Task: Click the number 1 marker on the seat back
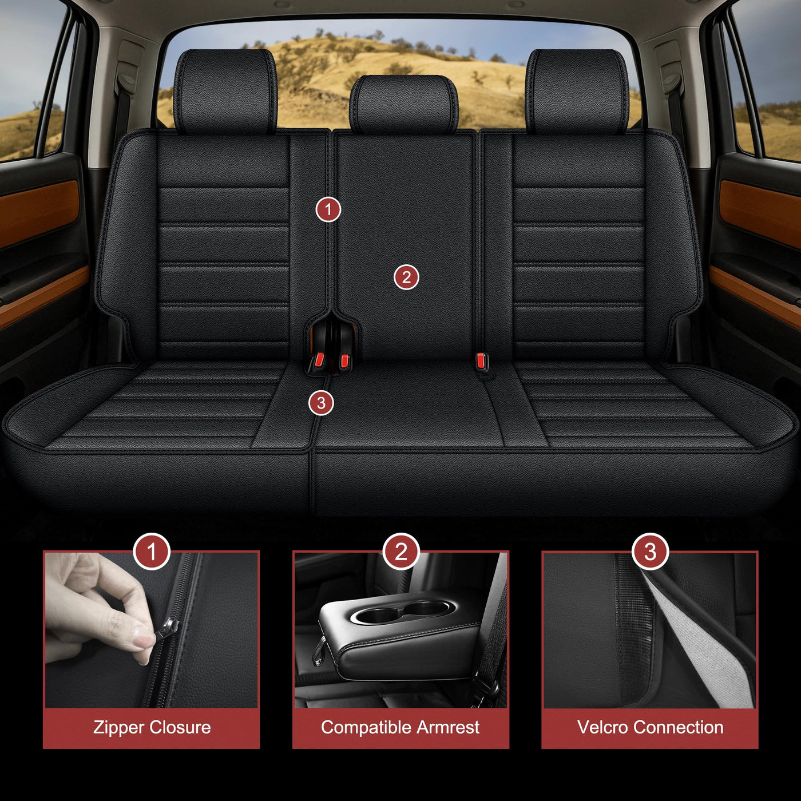328,209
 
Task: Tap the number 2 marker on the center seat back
406,277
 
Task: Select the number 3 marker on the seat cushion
321,403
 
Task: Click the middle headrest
404,104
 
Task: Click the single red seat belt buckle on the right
482,361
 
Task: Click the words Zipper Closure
152,727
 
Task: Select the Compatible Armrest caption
400,727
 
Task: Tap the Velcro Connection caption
650,727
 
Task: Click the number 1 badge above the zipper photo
152,552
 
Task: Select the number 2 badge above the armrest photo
400,552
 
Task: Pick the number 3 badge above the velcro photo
650,552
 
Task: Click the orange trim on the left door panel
39,212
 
